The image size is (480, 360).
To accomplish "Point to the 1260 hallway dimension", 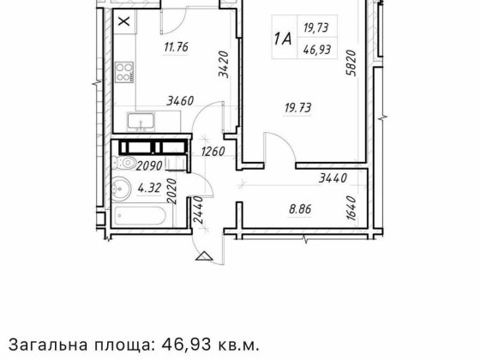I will click(212, 153).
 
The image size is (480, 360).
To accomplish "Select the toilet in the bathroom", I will click(128, 162).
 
